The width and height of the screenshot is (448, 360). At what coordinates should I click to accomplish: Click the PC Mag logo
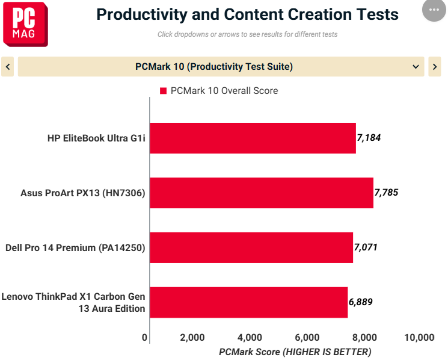(x=25, y=24)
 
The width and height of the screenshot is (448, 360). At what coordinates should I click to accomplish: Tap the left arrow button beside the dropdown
(x=8, y=67)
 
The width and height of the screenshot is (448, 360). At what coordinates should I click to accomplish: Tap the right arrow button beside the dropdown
(x=435, y=67)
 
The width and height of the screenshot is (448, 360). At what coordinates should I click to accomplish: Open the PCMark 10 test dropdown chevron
(x=416, y=67)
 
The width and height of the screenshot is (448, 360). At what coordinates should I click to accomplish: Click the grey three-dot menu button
(x=434, y=10)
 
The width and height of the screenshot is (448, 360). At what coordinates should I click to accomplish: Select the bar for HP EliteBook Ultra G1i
(x=253, y=138)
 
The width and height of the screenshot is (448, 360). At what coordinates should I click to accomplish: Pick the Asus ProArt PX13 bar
(x=262, y=193)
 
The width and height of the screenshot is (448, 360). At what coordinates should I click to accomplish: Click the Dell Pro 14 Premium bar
(x=251, y=247)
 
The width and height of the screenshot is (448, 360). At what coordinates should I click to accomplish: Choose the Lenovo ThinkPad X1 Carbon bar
(x=249, y=302)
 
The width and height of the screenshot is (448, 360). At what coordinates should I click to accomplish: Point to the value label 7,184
(x=369, y=138)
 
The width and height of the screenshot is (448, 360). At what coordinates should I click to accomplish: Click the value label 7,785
(x=386, y=193)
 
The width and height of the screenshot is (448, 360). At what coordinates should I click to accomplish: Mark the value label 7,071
(x=366, y=247)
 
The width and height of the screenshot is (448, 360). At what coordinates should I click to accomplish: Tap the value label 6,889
(x=361, y=302)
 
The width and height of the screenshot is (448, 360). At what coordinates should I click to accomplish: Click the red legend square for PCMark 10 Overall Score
(x=163, y=91)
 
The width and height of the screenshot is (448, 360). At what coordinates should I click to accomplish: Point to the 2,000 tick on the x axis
(x=192, y=337)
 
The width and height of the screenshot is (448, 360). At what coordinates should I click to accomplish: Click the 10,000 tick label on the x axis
(x=419, y=337)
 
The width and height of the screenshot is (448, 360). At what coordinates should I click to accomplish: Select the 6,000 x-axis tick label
(x=307, y=337)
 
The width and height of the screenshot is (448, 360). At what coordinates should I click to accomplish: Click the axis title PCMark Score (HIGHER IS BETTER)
(x=295, y=352)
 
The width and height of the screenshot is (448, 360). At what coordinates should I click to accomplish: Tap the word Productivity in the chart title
(x=142, y=14)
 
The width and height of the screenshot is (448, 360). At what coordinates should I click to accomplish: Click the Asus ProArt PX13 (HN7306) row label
(x=83, y=193)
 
